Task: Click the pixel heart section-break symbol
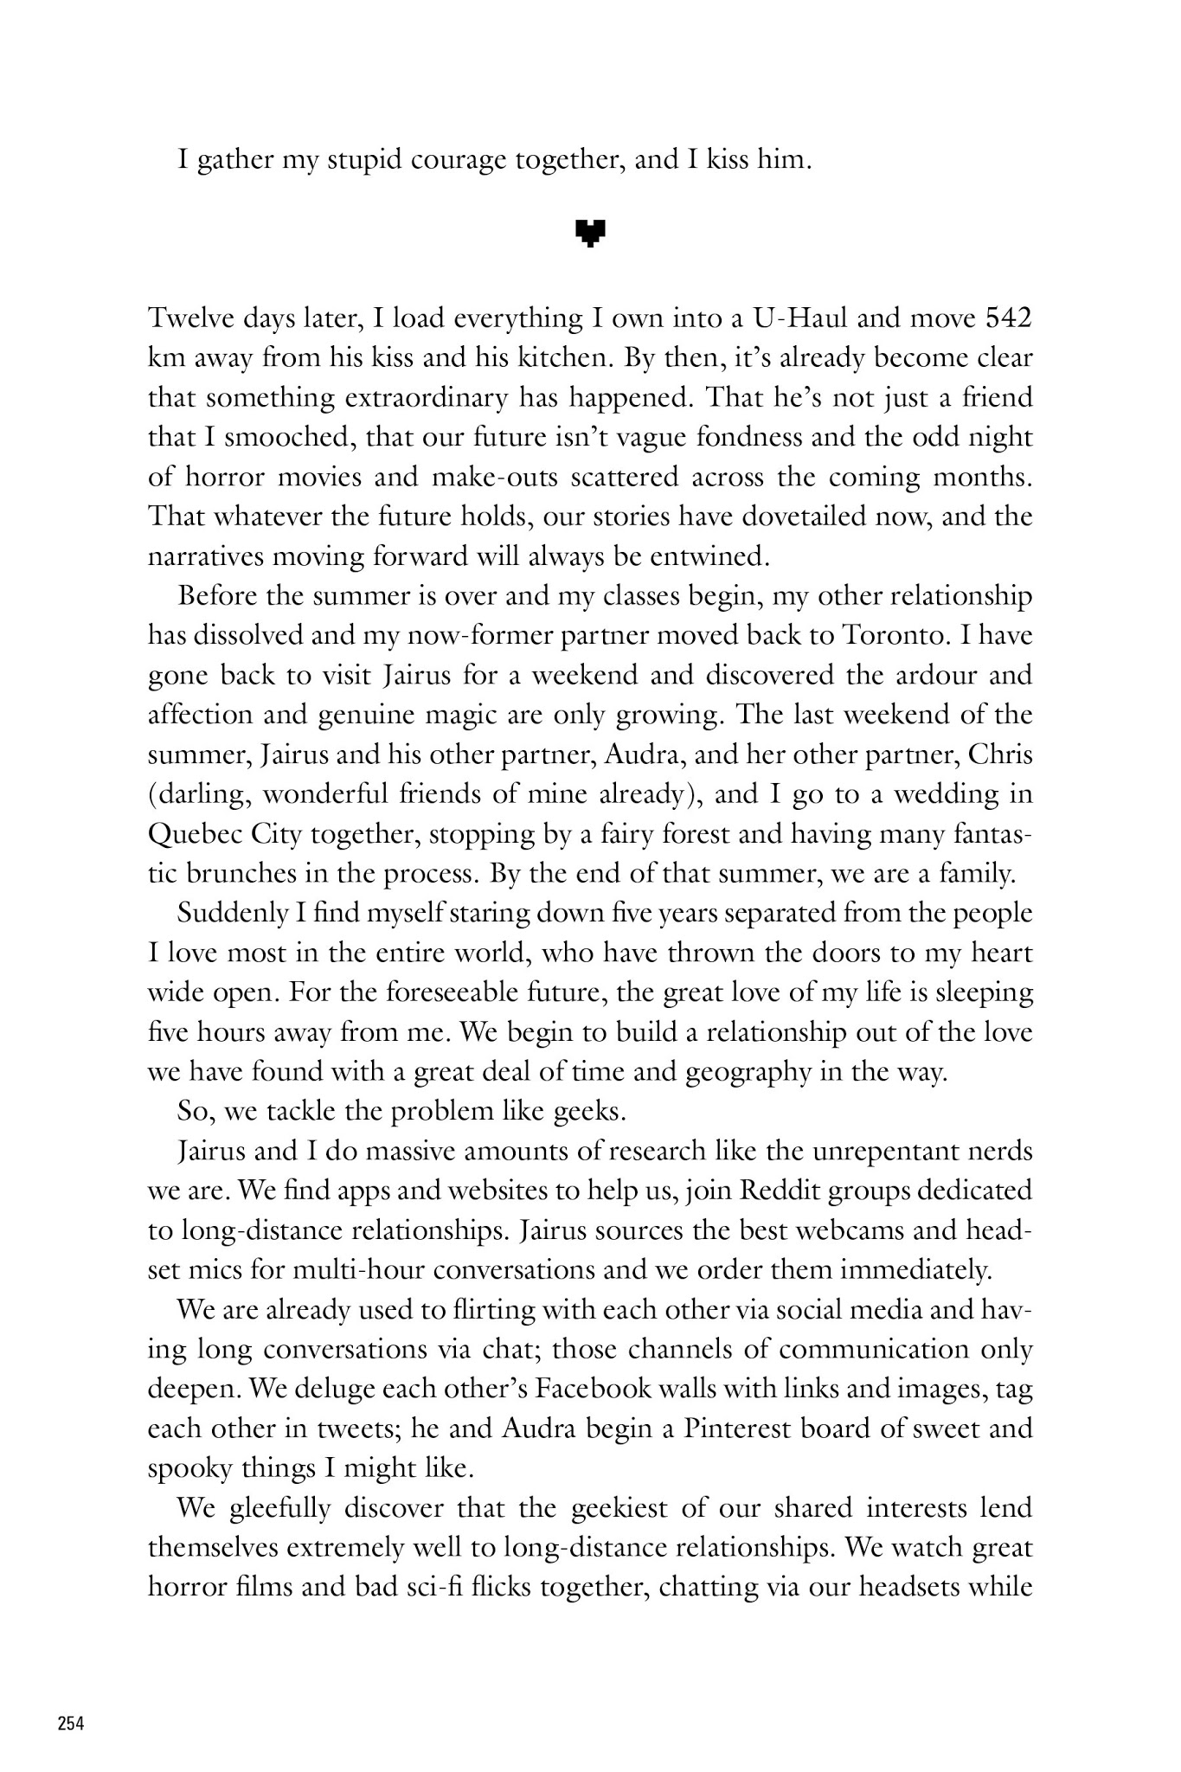click(590, 233)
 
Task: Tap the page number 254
click(71, 1724)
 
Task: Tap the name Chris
click(1000, 754)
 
